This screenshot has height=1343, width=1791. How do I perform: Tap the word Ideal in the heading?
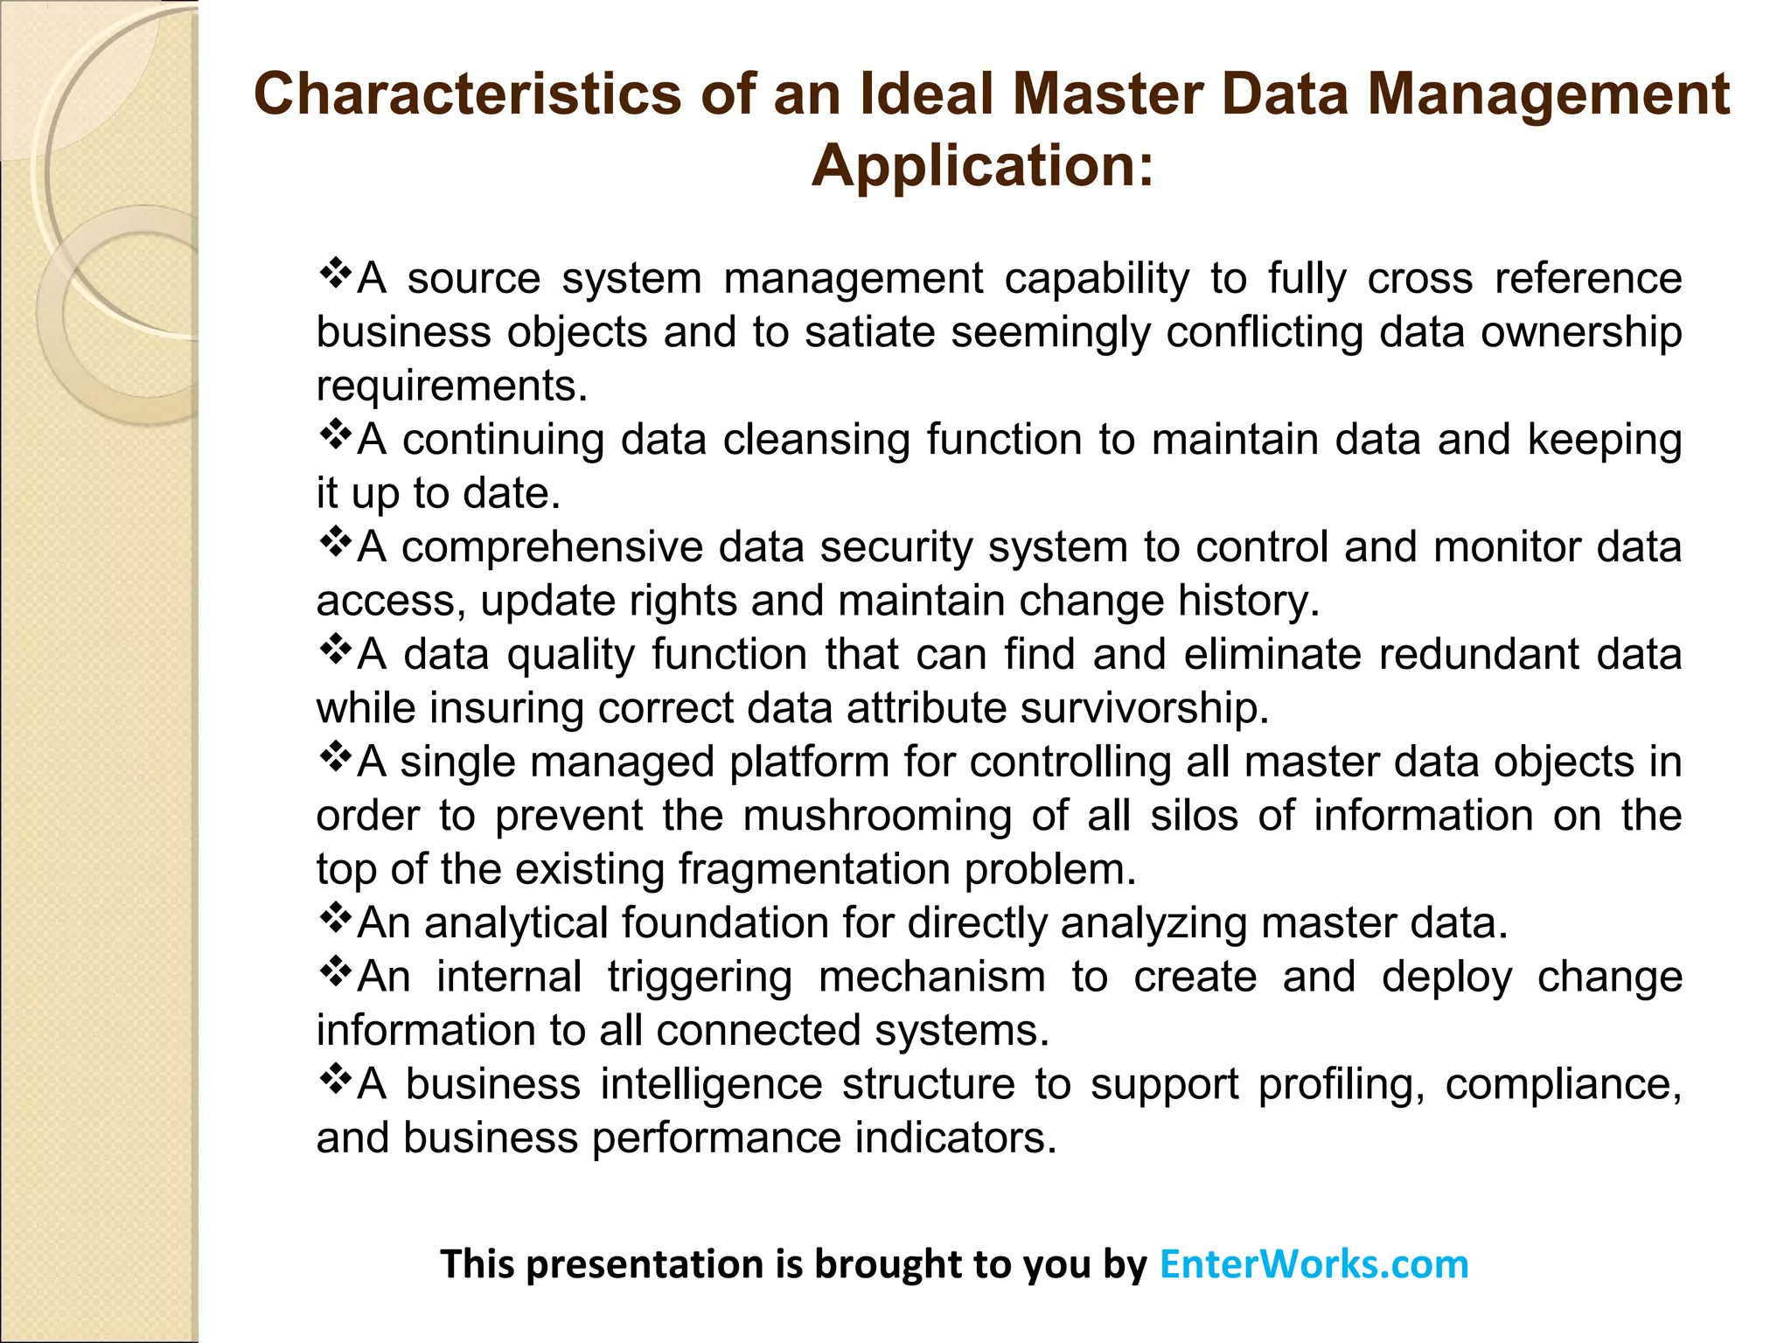927,94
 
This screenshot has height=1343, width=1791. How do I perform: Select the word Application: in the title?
983,165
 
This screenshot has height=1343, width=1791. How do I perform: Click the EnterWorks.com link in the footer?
1314,1264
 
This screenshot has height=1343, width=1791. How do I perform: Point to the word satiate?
870,332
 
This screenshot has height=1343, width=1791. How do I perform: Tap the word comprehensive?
552,547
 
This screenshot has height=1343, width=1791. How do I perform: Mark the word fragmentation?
813,869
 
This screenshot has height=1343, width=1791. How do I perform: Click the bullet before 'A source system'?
335,274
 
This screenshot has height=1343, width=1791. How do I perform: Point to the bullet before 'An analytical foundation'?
335,918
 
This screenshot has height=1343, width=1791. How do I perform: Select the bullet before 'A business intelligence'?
335,1080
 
